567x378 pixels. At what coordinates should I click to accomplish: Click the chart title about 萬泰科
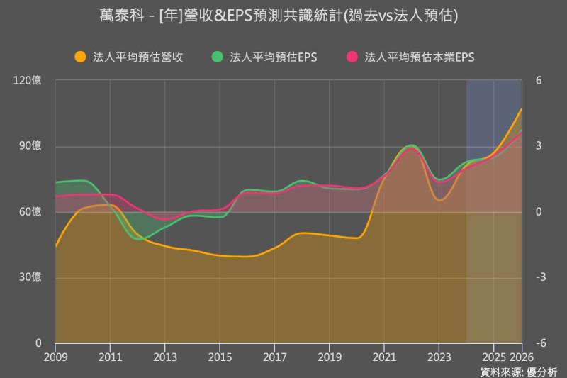pyautogui.click(x=283, y=16)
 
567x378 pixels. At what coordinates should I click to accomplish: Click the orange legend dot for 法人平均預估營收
pyautogui.click(x=80, y=57)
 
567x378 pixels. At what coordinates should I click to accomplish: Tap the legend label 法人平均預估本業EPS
pyautogui.click(x=418, y=57)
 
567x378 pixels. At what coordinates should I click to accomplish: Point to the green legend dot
pyautogui.click(x=217, y=57)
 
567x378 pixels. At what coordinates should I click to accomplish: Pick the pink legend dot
pyautogui.click(x=350, y=57)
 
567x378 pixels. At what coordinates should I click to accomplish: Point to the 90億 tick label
pyautogui.click(x=30, y=146)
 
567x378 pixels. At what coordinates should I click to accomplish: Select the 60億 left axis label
pyautogui.click(x=30, y=212)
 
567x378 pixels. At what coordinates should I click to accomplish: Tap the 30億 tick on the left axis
pyautogui.click(x=30, y=277)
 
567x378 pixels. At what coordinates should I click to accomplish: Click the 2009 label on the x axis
pyautogui.click(x=55, y=356)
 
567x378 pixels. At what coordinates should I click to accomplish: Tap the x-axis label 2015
pyautogui.click(x=220, y=356)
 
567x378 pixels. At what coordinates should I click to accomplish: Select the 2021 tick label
pyautogui.click(x=384, y=356)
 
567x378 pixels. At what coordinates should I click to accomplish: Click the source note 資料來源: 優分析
pyautogui.click(x=519, y=371)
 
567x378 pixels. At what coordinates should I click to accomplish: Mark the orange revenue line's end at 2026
pyautogui.click(x=522, y=109)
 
